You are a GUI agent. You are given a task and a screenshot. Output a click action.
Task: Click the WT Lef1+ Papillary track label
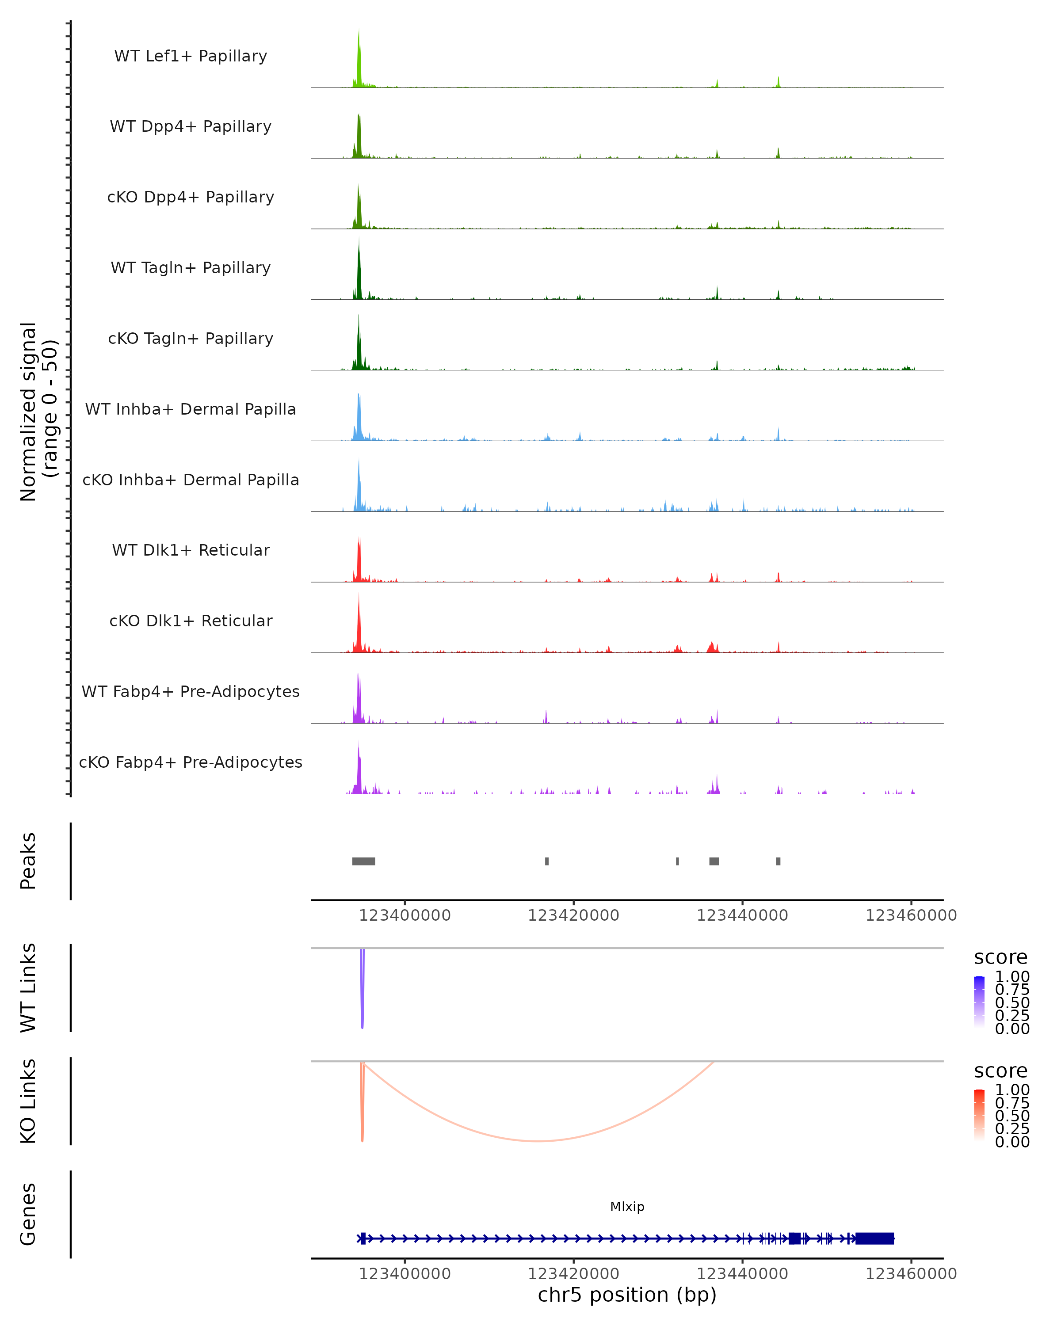click(x=191, y=56)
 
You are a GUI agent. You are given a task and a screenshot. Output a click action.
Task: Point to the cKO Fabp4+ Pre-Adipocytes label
click(x=191, y=762)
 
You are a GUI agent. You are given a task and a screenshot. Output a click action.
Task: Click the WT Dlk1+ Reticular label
click(x=191, y=550)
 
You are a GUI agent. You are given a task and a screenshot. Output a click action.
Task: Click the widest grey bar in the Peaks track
click(x=363, y=861)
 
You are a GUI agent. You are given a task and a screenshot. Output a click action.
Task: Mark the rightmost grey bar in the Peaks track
click(x=778, y=861)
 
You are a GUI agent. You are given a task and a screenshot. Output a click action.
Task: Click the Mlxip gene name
click(x=627, y=1207)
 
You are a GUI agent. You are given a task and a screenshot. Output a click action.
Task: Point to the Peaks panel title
click(x=28, y=861)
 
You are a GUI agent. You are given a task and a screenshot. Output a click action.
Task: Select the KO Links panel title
click(x=28, y=1101)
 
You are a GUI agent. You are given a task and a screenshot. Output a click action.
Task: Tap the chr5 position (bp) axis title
click(x=627, y=1295)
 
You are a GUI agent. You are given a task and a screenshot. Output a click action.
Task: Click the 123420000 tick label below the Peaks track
click(x=573, y=915)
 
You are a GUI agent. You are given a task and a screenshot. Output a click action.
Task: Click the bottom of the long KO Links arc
click(x=538, y=1141)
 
